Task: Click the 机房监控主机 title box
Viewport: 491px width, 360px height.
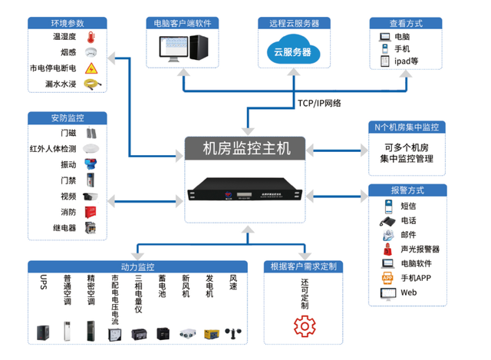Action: pyautogui.click(x=245, y=149)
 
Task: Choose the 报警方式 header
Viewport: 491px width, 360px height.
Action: pyautogui.click(x=407, y=190)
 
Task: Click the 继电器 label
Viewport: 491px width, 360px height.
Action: pyautogui.click(x=64, y=227)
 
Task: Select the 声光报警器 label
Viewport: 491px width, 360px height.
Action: pyautogui.click(x=420, y=249)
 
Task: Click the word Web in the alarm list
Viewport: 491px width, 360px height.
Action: pyautogui.click(x=408, y=292)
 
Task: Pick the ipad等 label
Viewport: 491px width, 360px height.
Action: pyautogui.click(x=406, y=63)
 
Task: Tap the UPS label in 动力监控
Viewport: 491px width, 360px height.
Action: pyautogui.click(x=43, y=282)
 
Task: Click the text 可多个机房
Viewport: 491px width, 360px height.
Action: pyautogui.click(x=407, y=147)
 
